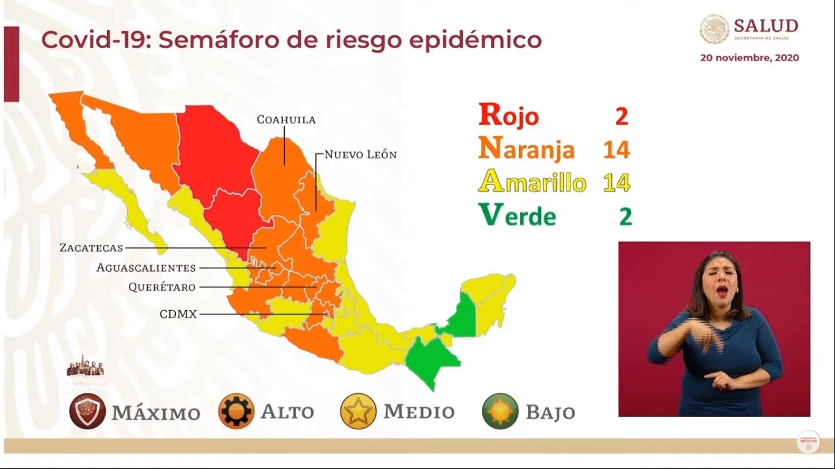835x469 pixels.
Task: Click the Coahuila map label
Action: click(x=286, y=120)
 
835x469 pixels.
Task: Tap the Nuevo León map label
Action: click(x=360, y=155)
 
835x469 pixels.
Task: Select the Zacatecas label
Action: click(x=91, y=248)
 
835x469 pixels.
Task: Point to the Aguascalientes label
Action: click(x=146, y=267)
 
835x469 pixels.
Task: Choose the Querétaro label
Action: click(x=162, y=287)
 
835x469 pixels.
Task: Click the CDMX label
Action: click(x=178, y=314)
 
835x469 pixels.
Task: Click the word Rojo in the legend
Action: click(x=509, y=115)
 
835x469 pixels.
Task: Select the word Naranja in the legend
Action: click(x=526, y=149)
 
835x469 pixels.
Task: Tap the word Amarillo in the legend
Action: click(x=532, y=182)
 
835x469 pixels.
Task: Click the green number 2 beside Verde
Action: click(x=625, y=216)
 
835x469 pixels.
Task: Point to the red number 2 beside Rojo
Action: click(x=622, y=115)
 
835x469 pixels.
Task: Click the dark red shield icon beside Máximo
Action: click(x=87, y=411)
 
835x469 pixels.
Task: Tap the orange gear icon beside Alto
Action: click(x=236, y=411)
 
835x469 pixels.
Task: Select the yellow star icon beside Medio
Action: click(x=358, y=411)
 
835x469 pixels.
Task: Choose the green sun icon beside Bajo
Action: click(x=500, y=411)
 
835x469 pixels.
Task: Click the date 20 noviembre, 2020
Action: click(x=749, y=58)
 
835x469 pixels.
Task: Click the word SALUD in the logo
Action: click(x=765, y=26)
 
